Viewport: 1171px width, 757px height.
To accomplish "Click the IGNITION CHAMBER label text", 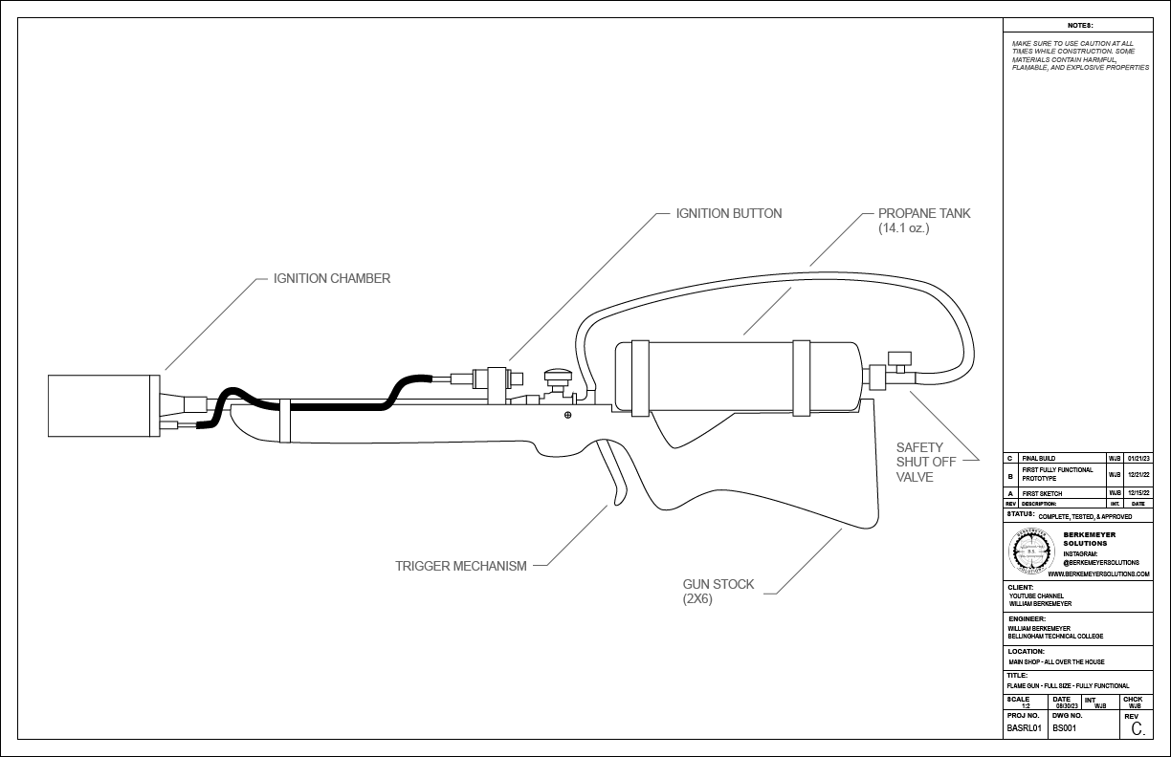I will (x=332, y=279).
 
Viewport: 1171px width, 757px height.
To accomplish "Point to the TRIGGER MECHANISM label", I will (x=461, y=566).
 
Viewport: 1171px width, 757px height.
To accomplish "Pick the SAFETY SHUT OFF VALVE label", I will (x=919, y=462).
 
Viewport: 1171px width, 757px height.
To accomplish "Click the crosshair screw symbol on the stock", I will (x=568, y=415).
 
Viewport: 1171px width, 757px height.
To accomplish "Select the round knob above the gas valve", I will (x=556, y=376).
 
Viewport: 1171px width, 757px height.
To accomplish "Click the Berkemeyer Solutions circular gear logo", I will (x=1031, y=550).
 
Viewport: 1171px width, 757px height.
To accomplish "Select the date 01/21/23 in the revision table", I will (x=1138, y=459).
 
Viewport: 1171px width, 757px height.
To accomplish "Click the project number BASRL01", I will (x=1025, y=728).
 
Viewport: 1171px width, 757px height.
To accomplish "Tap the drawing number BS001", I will (x=1064, y=728).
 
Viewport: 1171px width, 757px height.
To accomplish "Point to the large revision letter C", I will (x=1137, y=729).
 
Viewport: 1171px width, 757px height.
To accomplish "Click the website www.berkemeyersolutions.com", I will (x=1098, y=573).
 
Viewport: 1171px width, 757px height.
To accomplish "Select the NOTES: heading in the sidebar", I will (x=1079, y=26).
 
